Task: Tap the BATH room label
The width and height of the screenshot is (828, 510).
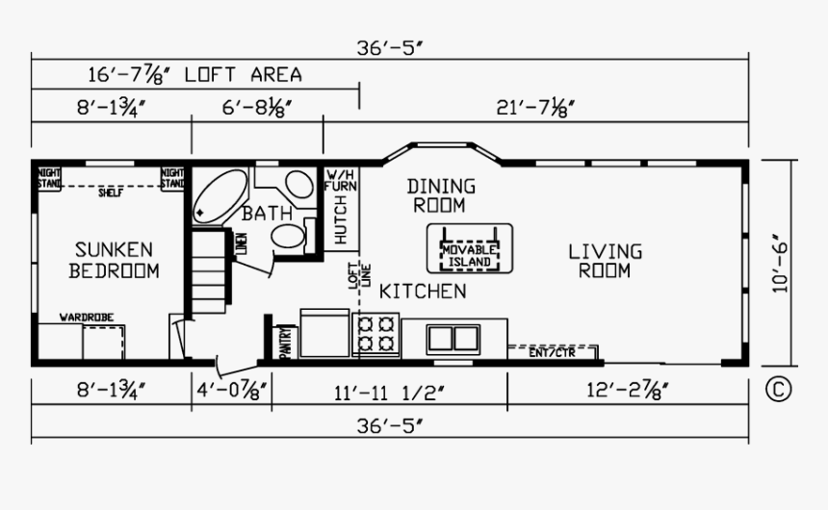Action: click(260, 213)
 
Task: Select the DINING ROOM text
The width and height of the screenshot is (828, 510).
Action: click(440, 195)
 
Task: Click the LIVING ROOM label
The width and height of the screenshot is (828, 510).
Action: click(605, 261)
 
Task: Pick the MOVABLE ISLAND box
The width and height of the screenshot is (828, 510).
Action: click(469, 247)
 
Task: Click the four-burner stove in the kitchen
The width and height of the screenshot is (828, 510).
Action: click(375, 334)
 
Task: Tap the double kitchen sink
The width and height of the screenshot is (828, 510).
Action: click(453, 338)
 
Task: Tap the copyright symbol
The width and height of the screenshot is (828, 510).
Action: click(778, 390)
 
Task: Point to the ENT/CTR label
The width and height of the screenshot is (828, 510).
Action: click(552, 352)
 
